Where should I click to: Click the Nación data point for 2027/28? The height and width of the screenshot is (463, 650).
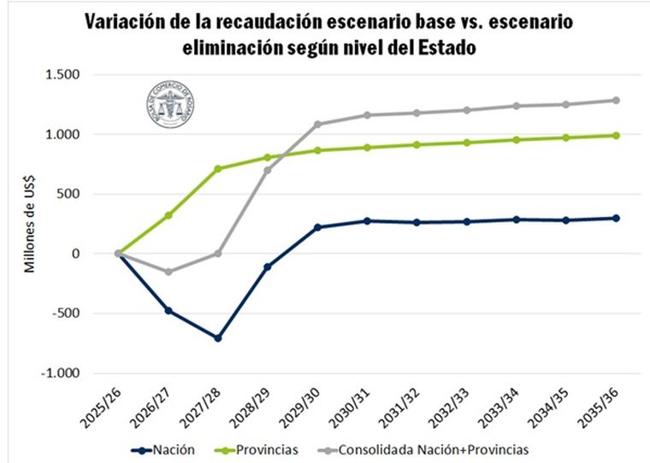pyautogui.click(x=218, y=338)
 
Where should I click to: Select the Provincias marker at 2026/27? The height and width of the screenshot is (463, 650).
pyautogui.click(x=168, y=215)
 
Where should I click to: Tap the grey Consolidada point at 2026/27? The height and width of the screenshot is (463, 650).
pyautogui.click(x=168, y=272)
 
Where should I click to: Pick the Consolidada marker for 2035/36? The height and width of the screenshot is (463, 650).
pyautogui.click(x=616, y=100)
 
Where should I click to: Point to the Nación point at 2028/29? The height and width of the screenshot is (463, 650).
pyautogui.click(x=268, y=267)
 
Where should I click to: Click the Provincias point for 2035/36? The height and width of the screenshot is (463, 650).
pyautogui.click(x=616, y=135)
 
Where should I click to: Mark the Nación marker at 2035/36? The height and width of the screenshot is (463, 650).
pyautogui.click(x=616, y=218)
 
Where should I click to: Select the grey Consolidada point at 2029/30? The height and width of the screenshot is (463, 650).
pyautogui.click(x=317, y=124)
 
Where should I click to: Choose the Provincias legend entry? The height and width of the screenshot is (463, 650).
pyautogui.click(x=260, y=448)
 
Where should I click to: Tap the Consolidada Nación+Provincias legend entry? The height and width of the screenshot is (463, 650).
pyautogui.click(x=424, y=448)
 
